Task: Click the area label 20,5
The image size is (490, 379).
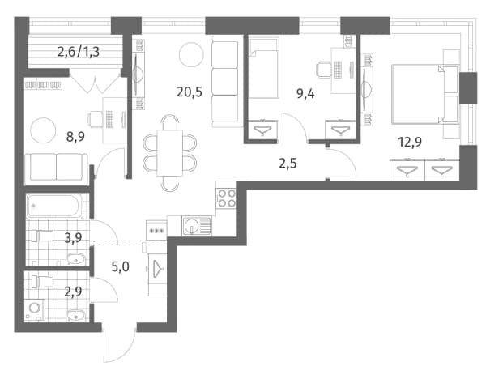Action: coord(190,92)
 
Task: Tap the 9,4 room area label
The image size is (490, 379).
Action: coord(305,94)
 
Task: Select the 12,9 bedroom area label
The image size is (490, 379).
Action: coord(410,143)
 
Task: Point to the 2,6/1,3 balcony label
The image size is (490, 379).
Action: coord(79,52)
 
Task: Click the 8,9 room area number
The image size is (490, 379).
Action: coord(75,137)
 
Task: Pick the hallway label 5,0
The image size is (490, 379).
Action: coord(121,266)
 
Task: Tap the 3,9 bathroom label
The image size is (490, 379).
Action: coord(73,238)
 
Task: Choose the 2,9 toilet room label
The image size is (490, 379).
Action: coord(73,292)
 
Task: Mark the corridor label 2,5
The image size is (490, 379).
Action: coord(288,164)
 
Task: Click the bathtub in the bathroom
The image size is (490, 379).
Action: coord(55,206)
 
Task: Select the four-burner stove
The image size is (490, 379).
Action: coord(227,198)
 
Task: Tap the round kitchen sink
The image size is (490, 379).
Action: coord(190,226)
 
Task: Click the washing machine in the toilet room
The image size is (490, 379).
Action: coord(34,309)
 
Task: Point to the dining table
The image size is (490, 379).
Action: coord(170,153)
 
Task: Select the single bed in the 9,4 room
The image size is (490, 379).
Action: coord(263,68)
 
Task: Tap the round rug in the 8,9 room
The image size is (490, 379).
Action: coord(43,130)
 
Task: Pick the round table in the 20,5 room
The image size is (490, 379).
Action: coord(192,54)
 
